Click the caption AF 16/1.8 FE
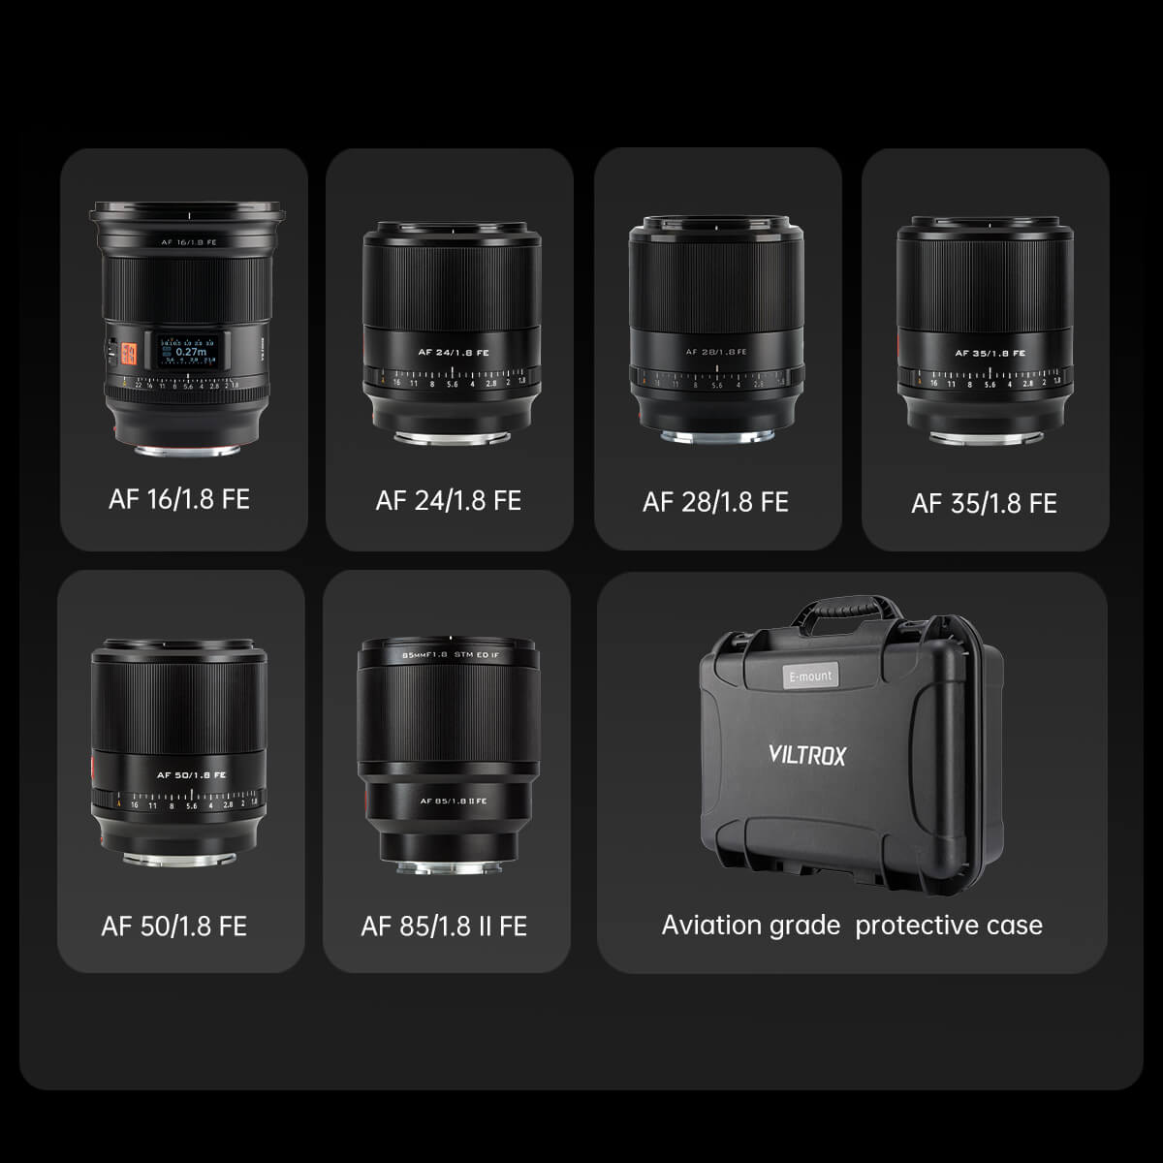pos(179,499)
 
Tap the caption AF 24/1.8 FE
pos(448,500)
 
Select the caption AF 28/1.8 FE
pos(715,502)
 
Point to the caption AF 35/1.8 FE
pos(984,503)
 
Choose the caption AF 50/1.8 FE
pos(174,926)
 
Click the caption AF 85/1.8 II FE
pos(444,926)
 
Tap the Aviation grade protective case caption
pos(852,925)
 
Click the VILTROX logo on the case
pos(806,754)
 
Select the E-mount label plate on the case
pos(810,676)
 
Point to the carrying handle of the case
pos(838,611)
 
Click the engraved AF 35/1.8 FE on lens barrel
pos(990,353)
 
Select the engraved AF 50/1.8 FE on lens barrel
pos(191,774)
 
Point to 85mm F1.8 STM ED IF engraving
pos(450,654)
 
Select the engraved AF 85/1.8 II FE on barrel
pos(453,801)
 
